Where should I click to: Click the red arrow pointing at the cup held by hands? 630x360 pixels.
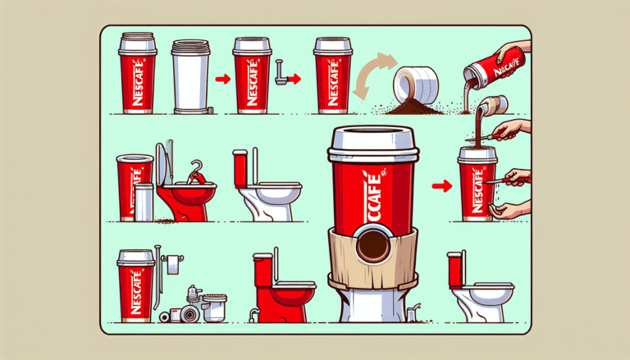[x=441, y=186]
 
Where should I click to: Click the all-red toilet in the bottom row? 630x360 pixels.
[x=279, y=288]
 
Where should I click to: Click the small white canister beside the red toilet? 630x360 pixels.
[x=144, y=202]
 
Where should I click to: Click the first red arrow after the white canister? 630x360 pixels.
[x=220, y=80]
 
